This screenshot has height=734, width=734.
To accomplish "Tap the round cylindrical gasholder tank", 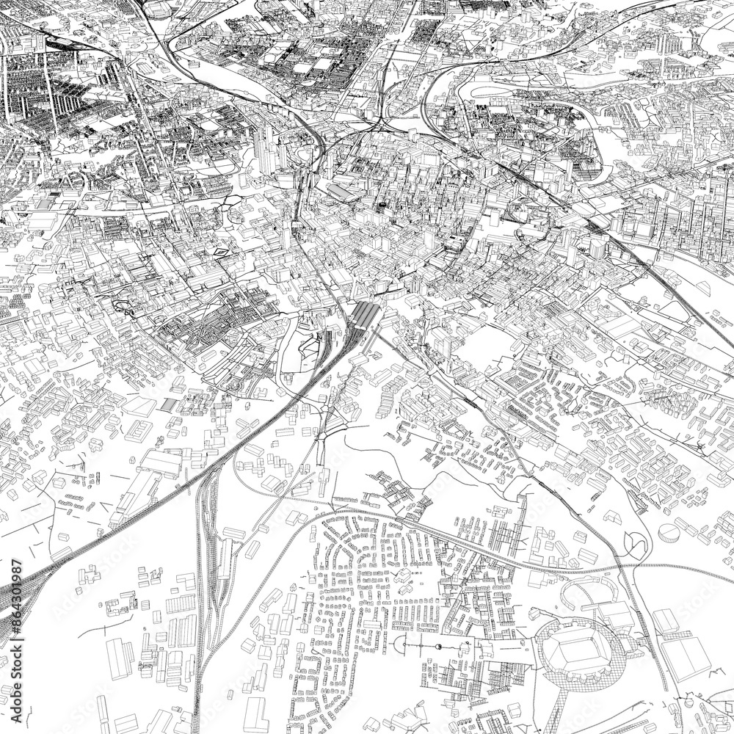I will point(669,531).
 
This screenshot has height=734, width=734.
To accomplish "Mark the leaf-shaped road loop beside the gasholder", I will point(636,542).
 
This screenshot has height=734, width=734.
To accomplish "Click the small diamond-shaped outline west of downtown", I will point(220,252).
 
